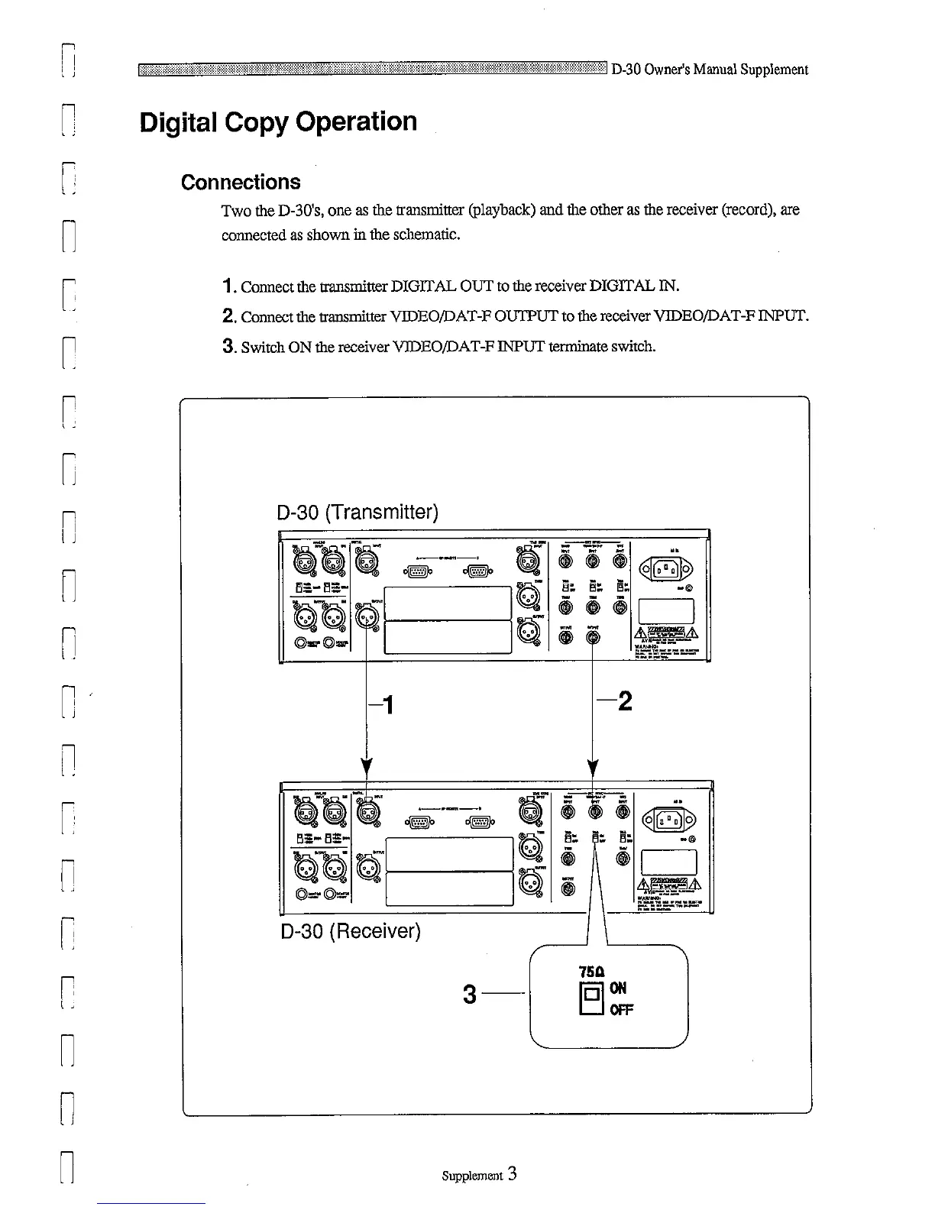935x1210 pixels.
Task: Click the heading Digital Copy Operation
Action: [x=278, y=122]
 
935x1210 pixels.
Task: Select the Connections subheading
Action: [x=241, y=183]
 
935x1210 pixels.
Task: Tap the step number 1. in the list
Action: [x=227, y=286]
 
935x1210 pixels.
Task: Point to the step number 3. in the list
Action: [x=227, y=347]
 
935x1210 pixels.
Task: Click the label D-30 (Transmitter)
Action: [x=357, y=512]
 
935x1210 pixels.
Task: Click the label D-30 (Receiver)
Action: [x=351, y=932]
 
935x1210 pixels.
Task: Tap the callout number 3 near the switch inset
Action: [x=470, y=995]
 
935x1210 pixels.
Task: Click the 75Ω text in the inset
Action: [x=593, y=972]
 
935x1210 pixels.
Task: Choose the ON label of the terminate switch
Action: [x=618, y=988]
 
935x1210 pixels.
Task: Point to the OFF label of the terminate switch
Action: [x=621, y=1010]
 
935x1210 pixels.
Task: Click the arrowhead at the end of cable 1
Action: [x=367, y=765]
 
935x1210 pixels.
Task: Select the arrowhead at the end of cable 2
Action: [x=594, y=765]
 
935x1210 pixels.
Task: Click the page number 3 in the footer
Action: [x=512, y=1174]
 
